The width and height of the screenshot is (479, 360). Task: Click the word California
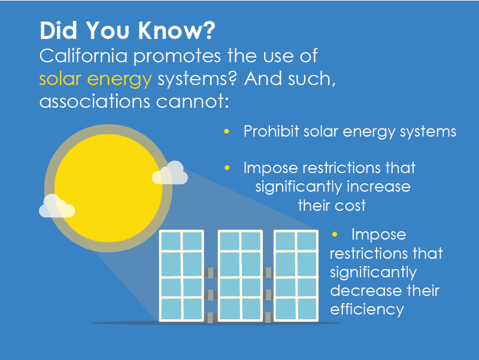click(x=83, y=56)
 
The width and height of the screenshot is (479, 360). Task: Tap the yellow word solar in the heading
click(x=60, y=79)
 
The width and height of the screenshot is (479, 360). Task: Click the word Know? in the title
click(x=177, y=31)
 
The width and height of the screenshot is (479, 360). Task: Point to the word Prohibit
click(x=271, y=131)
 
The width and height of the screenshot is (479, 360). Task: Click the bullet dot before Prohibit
click(x=227, y=131)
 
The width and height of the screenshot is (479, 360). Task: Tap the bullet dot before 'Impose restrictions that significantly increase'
click(x=227, y=168)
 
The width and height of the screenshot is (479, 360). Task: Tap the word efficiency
click(x=367, y=310)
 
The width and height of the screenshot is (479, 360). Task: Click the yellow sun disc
click(x=108, y=188)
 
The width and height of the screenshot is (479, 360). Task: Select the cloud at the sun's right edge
click(x=170, y=173)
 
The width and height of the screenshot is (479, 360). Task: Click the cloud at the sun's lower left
click(x=57, y=206)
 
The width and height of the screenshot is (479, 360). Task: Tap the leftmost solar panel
click(x=182, y=276)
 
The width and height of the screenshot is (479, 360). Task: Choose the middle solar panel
click(x=240, y=276)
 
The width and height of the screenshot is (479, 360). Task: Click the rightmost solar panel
click(x=296, y=276)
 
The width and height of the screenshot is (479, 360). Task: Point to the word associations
click(x=95, y=101)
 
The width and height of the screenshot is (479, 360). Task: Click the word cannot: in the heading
click(x=192, y=102)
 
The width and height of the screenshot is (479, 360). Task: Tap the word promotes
click(x=177, y=57)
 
